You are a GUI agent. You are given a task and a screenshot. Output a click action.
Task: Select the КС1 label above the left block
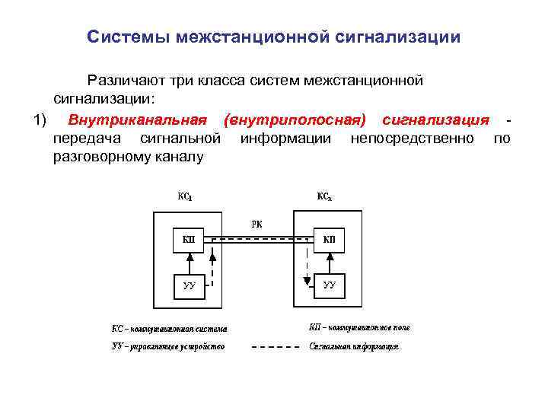[x=185, y=196]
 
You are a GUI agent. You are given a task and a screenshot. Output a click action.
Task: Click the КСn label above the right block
[x=324, y=196]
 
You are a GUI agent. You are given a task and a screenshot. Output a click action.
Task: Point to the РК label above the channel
[x=256, y=224]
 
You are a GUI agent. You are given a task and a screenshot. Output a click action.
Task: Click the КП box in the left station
[x=189, y=241]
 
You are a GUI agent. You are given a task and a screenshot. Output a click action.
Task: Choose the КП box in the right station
[x=329, y=241]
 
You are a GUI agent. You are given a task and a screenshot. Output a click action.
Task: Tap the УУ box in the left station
[x=189, y=285]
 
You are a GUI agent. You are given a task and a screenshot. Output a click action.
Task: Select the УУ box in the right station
[x=329, y=285]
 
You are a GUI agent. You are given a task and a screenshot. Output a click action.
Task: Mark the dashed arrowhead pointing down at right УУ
[x=307, y=281]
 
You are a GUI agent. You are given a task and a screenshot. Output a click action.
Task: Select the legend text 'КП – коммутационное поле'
[x=359, y=327]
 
